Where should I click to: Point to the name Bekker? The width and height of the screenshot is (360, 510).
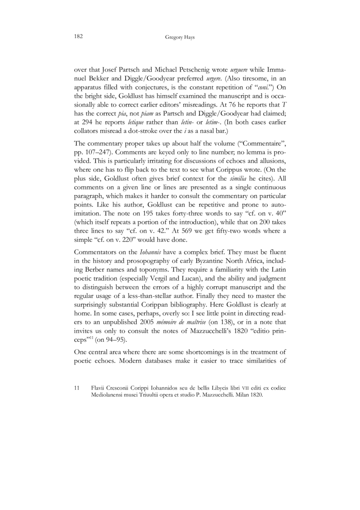[x=99, y=79]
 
